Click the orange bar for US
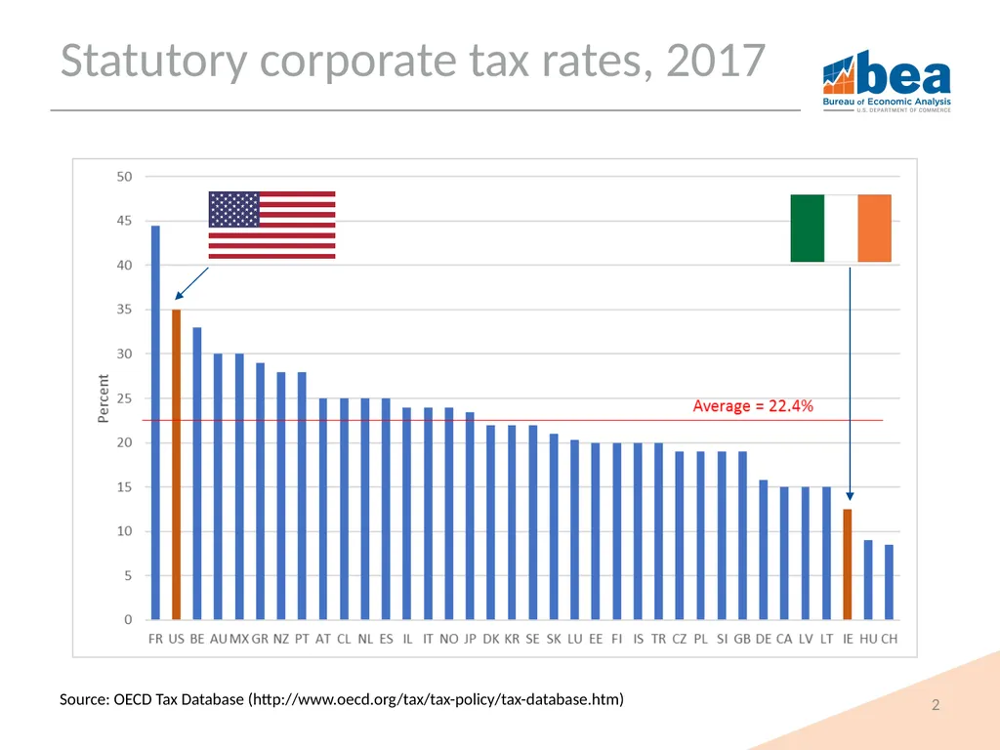pyautogui.click(x=176, y=464)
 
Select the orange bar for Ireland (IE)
pyautogui.click(x=848, y=564)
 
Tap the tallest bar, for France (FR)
pyautogui.click(x=155, y=422)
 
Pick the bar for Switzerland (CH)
pyautogui.click(x=889, y=582)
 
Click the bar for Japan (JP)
pyautogui.click(x=470, y=516)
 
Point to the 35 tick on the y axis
pyautogui.click(x=124, y=310)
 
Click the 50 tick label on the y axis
pyautogui.click(x=124, y=177)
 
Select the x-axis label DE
pyautogui.click(x=764, y=639)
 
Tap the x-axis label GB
pyautogui.click(x=742, y=639)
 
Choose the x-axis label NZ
pyautogui.click(x=281, y=639)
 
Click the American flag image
pyautogui.click(x=271, y=226)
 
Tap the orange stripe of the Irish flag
pyautogui.click(x=874, y=229)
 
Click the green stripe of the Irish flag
pyautogui.click(x=808, y=229)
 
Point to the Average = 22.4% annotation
pyautogui.click(x=753, y=406)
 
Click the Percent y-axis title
pyautogui.click(x=104, y=398)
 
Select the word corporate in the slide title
pyautogui.click(x=358, y=62)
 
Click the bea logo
pyautogui.click(x=887, y=82)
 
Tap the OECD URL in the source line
pyautogui.click(x=437, y=699)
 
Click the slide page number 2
pyautogui.click(x=936, y=705)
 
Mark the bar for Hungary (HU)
pyautogui.click(x=868, y=580)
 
